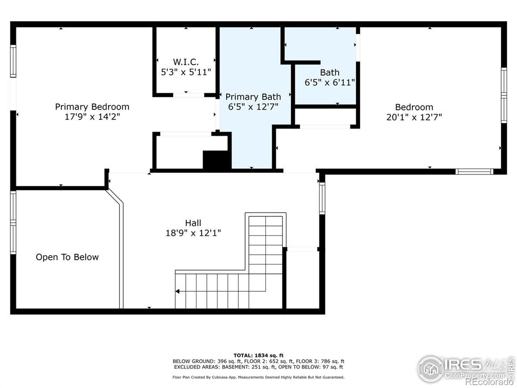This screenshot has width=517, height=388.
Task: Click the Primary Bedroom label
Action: point(92,107)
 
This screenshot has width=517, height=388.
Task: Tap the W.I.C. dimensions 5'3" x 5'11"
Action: point(186,72)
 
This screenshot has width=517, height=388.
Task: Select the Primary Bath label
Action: point(253,97)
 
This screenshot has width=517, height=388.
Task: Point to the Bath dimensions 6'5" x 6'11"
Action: point(330,82)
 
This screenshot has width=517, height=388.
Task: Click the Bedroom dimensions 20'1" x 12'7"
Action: point(414,117)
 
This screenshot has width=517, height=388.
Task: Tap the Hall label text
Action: point(193,223)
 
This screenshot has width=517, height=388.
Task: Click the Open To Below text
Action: point(67,257)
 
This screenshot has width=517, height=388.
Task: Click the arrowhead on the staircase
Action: point(177,291)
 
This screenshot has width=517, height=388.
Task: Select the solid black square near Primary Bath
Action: point(216,159)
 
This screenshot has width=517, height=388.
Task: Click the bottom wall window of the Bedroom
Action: point(474,171)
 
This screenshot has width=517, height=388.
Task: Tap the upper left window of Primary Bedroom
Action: point(13,61)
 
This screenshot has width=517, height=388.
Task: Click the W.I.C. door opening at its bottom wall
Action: point(188,95)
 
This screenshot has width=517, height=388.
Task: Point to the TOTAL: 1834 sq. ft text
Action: point(258,355)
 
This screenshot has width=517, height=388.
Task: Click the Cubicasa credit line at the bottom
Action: point(258,377)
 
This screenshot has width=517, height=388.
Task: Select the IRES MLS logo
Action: point(464,369)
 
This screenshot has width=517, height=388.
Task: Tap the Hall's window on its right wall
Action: point(322,198)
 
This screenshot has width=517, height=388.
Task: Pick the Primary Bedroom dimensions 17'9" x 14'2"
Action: point(92,117)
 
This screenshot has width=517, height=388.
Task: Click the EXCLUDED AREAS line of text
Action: point(258,367)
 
